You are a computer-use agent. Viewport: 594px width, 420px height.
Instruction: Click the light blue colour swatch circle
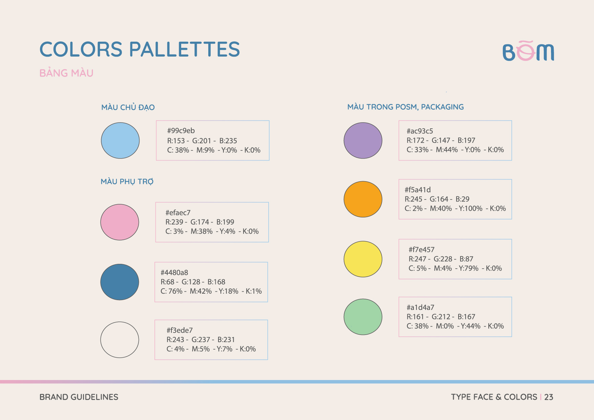[x=120, y=141]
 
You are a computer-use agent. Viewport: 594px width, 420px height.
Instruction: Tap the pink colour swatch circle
[x=120, y=222]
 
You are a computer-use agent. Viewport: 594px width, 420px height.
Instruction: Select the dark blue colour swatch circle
[x=120, y=282]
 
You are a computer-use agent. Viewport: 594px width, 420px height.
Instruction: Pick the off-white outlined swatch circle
[x=120, y=340]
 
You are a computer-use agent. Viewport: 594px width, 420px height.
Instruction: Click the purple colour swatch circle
[x=363, y=141]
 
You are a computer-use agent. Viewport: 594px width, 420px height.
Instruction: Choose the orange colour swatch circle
[x=363, y=199]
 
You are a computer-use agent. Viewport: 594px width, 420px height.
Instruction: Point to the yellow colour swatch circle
[x=363, y=259]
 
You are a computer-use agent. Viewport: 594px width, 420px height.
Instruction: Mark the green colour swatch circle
[x=363, y=317]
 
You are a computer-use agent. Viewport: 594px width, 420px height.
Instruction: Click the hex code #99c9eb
[x=181, y=131]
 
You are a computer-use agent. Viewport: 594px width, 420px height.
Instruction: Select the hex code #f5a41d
[x=418, y=190]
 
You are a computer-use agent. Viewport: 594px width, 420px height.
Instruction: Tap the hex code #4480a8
[x=174, y=273]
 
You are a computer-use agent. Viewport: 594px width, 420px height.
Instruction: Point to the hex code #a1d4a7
[x=420, y=308]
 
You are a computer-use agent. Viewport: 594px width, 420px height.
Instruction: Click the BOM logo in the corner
[x=528, y=51]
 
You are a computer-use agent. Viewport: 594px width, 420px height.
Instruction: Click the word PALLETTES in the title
[x=185, y=49]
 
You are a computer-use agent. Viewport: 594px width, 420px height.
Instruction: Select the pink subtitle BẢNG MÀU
[x=66, y=73]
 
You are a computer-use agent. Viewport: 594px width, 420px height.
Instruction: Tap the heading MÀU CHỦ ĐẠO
[x=128, y=107]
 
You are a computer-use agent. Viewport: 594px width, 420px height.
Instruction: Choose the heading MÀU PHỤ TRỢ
[x=127, y=182]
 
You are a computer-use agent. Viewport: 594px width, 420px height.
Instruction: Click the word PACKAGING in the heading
[x=442, y=107]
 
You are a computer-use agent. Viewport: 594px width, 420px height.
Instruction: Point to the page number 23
[x=549, y=397]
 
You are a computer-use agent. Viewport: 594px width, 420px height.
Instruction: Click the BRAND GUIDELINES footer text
[x=79, y=397]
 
